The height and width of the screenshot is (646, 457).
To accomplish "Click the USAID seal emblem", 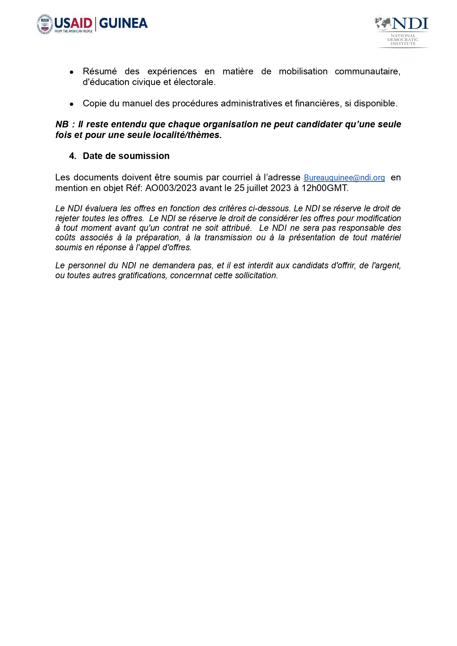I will pyautogui.click(x=45, y=24).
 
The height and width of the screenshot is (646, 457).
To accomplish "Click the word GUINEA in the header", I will pyautogui.click(x=123, y=23).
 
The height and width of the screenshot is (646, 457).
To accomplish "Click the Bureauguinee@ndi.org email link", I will pyautogui.click(x=344, y=178).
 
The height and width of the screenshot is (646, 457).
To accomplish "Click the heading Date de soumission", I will pyautogui.click(x=126, y=156).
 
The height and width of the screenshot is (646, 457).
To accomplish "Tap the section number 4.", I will pyautogui.click(x=72, y=156).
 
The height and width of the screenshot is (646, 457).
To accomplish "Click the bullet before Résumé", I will pyautogui.click(x=72, y=72).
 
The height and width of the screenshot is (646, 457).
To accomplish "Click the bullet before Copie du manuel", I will pyautogui.click(x=72, y=104).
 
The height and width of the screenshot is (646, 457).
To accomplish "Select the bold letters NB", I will pyautogui.click(x=61, y=124).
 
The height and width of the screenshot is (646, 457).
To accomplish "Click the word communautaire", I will pyautogui.click(x=367, y=71).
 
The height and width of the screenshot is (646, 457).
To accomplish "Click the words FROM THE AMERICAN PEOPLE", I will pyautogui.click(x=73, y=31).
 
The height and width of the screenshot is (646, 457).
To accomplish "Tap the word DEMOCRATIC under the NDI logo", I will pyautogui.click(x=403, y=40).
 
